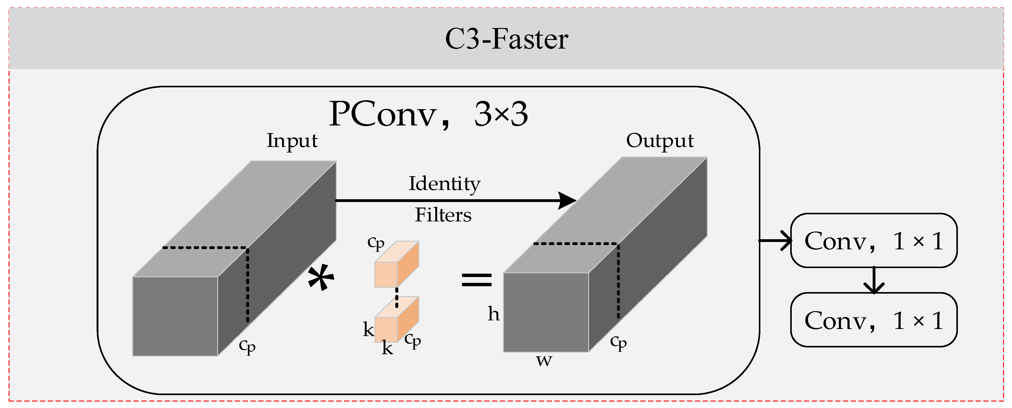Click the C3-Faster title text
pyautogui.click(x=506, y=39)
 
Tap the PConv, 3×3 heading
pyautogui.click(x=428, y=114)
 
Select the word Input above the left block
pyautogui.click(x=292, y=141)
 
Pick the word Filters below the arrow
pyautogui.click(x=443, y=215)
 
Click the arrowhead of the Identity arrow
pyautogui.click(x=568, y=201)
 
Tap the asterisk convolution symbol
pyautogui.click(x=321, y=278)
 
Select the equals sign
pyautogui.click(x=476, y=279)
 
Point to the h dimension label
pyautogui.click(x=494, y=314)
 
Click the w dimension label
pyautogui.click(x=544, y=360)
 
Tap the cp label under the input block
pyautogui.click(x=247, y=346)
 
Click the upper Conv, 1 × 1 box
pyautogui.click(x=874, y=241)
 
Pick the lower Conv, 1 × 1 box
pyautogui.click(x=874, y=320)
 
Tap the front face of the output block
pyautogui.click(x=546, y=312)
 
